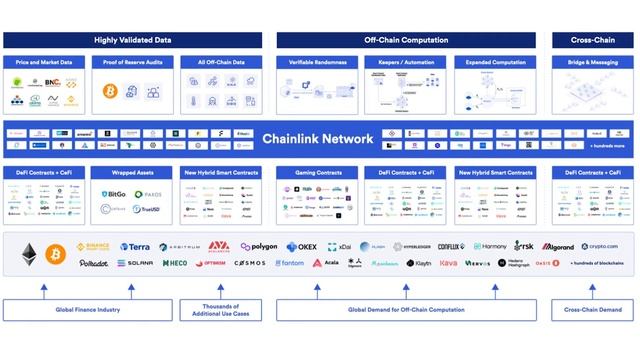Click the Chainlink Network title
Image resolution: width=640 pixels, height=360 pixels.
pyautogui.click(x=318, y=139)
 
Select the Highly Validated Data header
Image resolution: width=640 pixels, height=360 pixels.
pyautogui.click(x=133, y=41)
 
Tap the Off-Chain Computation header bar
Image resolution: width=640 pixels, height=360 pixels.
pyautogui.click(x=405, y=41)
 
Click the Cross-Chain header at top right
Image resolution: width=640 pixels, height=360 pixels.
pyautogui.click(x=593, y=41)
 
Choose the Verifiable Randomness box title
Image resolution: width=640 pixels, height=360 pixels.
pyautogui.click(x=317, y=62)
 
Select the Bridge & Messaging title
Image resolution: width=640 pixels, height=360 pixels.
pyautogui.click(x=593, y=62)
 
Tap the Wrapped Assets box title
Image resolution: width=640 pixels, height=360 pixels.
pyautogui.click(x=132, y=173)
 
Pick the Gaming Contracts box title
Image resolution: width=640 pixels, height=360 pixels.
pyautogui.click(x=317, y=173)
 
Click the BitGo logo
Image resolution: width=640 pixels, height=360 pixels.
pyautogui.click(x=114, y=194)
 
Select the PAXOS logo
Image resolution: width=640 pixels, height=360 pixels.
pyautogui.click(x=148, y=194)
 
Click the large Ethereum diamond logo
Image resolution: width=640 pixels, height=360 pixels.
pyautogui.click(x=27, y=252)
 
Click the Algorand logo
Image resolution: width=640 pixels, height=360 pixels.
pyautogui.click(x=558, y=246)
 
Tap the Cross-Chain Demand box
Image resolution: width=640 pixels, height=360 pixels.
pyautogui.click(x=593, y=310)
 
